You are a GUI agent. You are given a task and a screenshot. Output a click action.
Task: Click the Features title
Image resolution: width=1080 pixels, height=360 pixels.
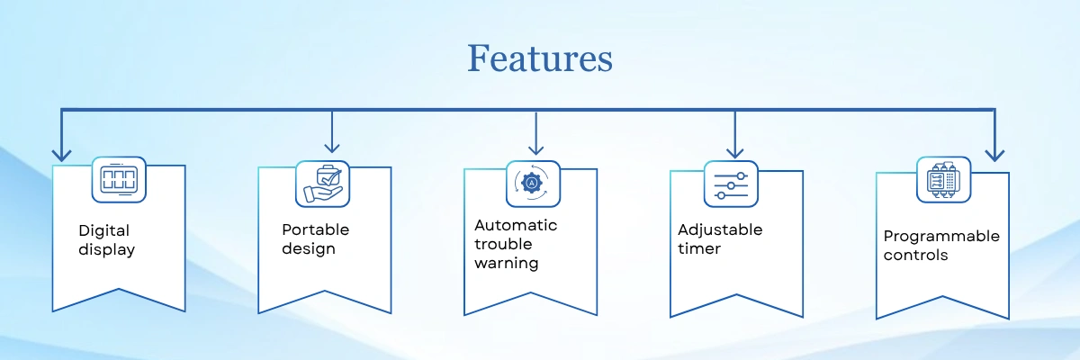pyautogui.click(x=540, y=58)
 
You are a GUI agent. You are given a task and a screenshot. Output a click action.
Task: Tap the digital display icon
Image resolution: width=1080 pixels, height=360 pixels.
pyautogui.click(x=119, y=179)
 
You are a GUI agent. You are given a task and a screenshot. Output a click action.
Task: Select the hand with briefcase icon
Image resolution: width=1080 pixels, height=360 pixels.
pyautogui.click(x=322, y=184)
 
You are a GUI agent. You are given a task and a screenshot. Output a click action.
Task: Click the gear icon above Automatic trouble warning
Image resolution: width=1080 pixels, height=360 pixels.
pyautogui.click(x=533, y=184)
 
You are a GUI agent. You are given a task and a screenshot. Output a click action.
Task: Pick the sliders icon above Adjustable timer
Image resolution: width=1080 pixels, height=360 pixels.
pyautogui.click(x=731, y=184)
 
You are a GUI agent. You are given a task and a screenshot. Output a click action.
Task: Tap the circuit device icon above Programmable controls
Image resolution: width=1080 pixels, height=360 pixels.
pyautogui.click(x=943, y=180)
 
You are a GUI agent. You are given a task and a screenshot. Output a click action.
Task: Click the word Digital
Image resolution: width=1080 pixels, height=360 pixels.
pyautogui.click(x=104, y=231)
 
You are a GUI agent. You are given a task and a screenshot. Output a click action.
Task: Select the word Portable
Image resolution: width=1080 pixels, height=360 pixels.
pyautogui.click(x=315, y=229)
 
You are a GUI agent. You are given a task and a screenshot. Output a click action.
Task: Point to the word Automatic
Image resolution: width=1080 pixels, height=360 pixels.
pyautogui.click(x=516, y=225)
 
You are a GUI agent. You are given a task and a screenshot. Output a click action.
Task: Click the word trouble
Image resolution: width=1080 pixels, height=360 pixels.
pyautogui.click(x=503, y=244)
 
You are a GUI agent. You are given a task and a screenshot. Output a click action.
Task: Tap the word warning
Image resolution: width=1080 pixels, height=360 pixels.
pyautogui.click(x=506, y=264)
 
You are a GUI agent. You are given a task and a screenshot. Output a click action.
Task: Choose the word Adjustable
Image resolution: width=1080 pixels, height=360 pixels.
pyautogui.click(x=720, y=230)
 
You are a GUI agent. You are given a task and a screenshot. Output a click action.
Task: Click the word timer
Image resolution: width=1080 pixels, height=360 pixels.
pyautogui.click(x=699, y=248)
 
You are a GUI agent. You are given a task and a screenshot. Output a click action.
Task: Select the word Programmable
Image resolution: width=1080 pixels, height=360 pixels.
pyautogui.click(x=941, y=237)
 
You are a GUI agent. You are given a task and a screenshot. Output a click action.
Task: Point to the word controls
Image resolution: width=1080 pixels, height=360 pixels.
pyautogui.click(x=915, y=255)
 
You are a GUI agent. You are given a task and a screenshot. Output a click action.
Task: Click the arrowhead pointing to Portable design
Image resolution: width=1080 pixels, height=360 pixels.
pyautogui.click(x=332, y=148)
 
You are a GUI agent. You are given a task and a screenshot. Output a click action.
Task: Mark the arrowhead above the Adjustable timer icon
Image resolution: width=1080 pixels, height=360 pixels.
pyautogui.click(x=734, y=152)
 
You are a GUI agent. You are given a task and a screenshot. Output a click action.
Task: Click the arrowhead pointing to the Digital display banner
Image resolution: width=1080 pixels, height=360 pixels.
pyautogui.click(x=61, y=156)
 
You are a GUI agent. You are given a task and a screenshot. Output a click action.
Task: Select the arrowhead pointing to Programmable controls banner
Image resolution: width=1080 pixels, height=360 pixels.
pyautogui.click(x=994, y=156)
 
